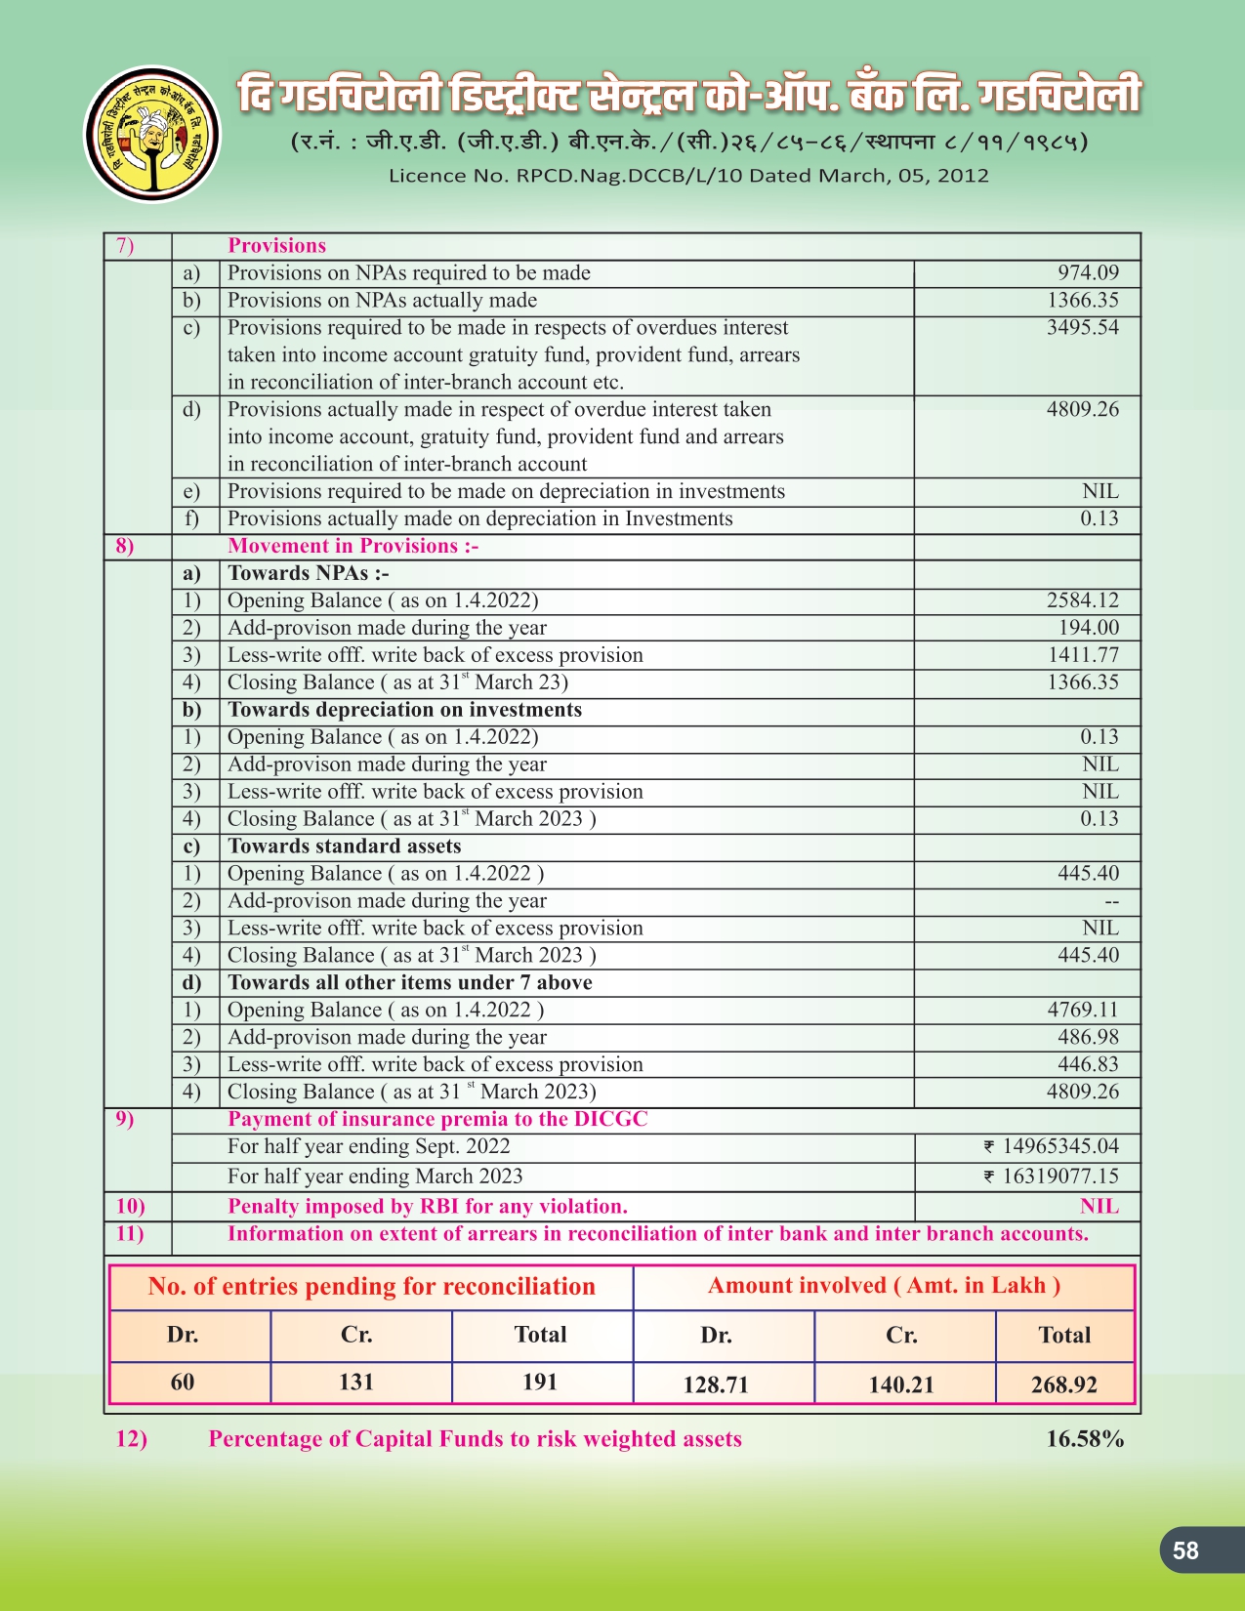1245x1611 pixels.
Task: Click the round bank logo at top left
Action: pos(153,135)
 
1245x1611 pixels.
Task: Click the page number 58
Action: pos(1185,1550)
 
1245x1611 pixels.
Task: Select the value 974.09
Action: pos(1088,273)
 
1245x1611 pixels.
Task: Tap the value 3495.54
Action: pos(1082,328)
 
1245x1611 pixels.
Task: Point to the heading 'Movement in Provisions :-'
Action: pos(353,547)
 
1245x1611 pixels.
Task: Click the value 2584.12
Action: pos(1082,600)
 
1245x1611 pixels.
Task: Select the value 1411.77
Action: pos(1082,655)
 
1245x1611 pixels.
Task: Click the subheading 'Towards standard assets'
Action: pos(344,847)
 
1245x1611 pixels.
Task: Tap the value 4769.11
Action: pos(1082,1011)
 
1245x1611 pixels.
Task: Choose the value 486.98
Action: pos(1088,1037)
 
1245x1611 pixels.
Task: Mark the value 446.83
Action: pos(1088,1064)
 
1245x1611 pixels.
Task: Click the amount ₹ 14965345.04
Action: pos(1051,1147)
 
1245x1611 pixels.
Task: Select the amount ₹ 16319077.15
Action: pos(1051,1177)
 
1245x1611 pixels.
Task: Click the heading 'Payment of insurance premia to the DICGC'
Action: pos(437,1119)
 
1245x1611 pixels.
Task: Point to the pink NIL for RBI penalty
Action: pos(1099,1207)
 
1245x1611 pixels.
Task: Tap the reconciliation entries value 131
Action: pos(356,1383)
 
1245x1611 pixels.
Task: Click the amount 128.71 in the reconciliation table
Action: pos(716,1384)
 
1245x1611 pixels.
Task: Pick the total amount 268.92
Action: pos(1063,1384)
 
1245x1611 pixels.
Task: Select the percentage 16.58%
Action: pos(1085,1439)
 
